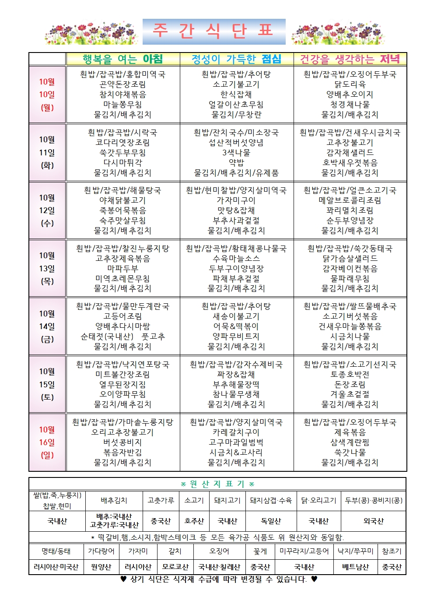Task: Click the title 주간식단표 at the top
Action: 214,32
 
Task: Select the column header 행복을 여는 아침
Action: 123,59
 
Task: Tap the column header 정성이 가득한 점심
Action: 236,59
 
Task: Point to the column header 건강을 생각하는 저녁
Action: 350,59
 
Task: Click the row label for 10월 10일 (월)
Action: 47,95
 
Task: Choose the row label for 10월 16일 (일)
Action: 47,442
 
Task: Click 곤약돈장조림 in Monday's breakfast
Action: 122,84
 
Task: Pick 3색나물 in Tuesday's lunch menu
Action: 236,153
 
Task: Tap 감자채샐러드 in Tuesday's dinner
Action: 350,153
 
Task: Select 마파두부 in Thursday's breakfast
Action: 122,269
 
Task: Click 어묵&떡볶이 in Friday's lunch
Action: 236,326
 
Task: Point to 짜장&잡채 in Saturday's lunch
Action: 236,375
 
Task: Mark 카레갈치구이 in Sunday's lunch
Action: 236,432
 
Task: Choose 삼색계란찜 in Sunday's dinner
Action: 350,442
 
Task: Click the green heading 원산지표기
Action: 217,484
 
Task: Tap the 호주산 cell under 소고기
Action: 194,521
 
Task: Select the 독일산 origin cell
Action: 271,521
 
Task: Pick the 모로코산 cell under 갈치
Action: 175,567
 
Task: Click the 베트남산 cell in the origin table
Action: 356,567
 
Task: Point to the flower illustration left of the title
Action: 91,33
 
